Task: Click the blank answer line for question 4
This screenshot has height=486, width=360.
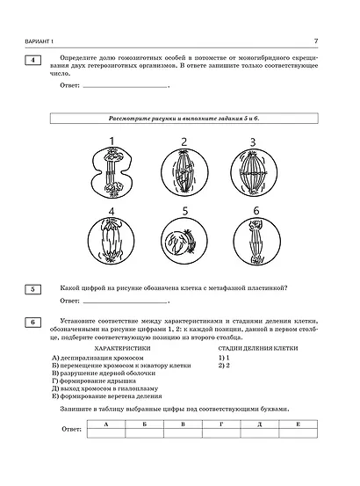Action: (123, 85)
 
